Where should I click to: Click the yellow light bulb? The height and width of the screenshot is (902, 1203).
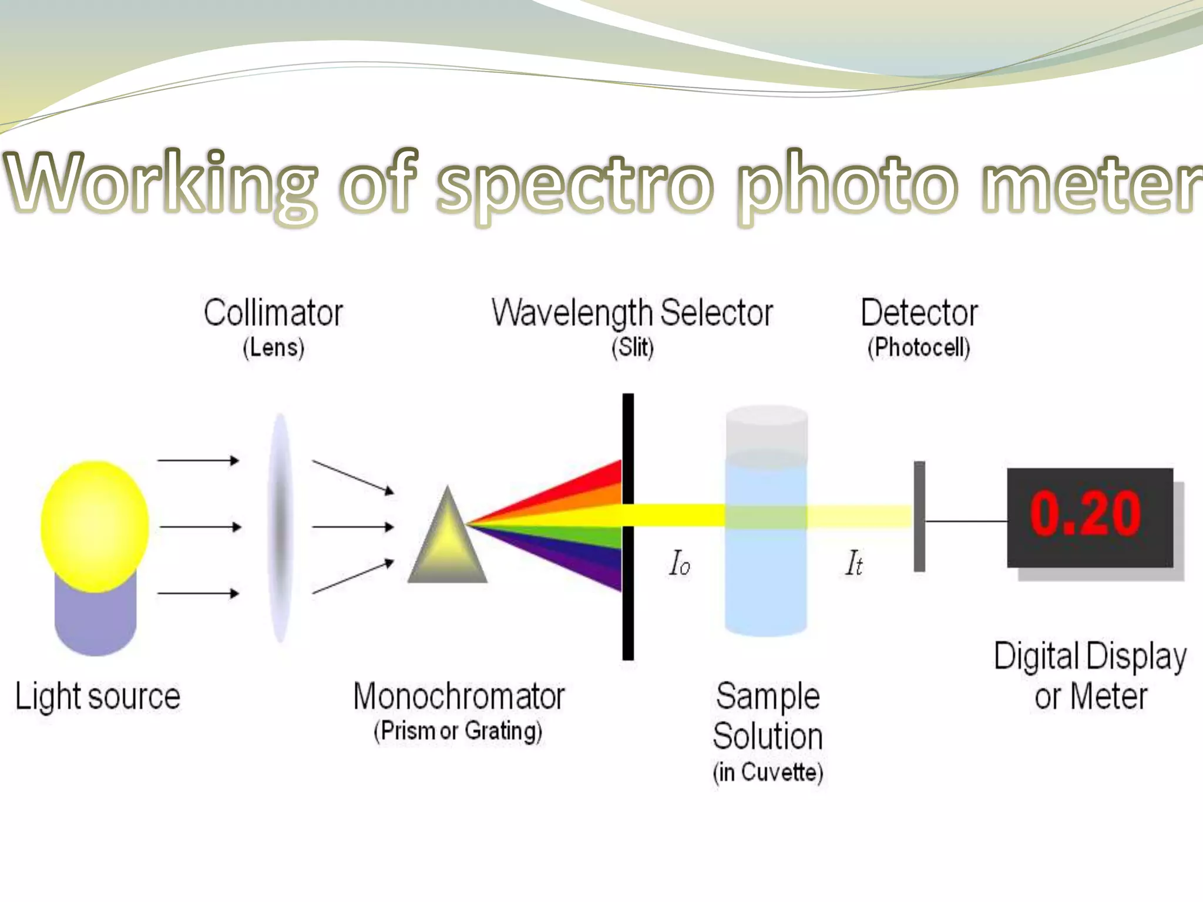pyautogui.click(x=95, y=526)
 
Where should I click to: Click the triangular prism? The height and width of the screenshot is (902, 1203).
pyautogui.click(x=448, y=543)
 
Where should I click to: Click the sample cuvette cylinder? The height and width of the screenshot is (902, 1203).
pyautogui.click(x=766, y=523)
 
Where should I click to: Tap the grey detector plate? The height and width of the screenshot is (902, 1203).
pyautogui.click(x=919, y=516)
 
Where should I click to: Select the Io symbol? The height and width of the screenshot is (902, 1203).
pyautogui.click(x=679, y=563)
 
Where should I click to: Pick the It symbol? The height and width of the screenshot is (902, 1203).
pyautogui.click(x=853, y=563)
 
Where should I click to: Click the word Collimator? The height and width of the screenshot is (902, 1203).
pyautogui.click(x=273, y=313)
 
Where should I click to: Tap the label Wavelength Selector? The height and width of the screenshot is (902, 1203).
pyautogui.click(x=632, y=313)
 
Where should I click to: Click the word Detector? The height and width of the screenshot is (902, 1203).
pyautogui.click(x=919, y=313)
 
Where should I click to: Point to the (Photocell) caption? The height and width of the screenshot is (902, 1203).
pyautogui.click(x=919, y=347)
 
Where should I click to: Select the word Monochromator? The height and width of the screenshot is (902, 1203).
pyautogui.click(x=459, y=696)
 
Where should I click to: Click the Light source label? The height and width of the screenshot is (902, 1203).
pyautogui.click(x=98, y=696)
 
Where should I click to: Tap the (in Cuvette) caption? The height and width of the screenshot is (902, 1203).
pyautogui.click(x=767, y=772)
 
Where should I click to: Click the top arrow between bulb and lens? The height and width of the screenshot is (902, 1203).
pyautogui.click(x=198, y=460)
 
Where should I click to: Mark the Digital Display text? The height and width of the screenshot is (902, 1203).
pyautogui.click(x=1090, y=656)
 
